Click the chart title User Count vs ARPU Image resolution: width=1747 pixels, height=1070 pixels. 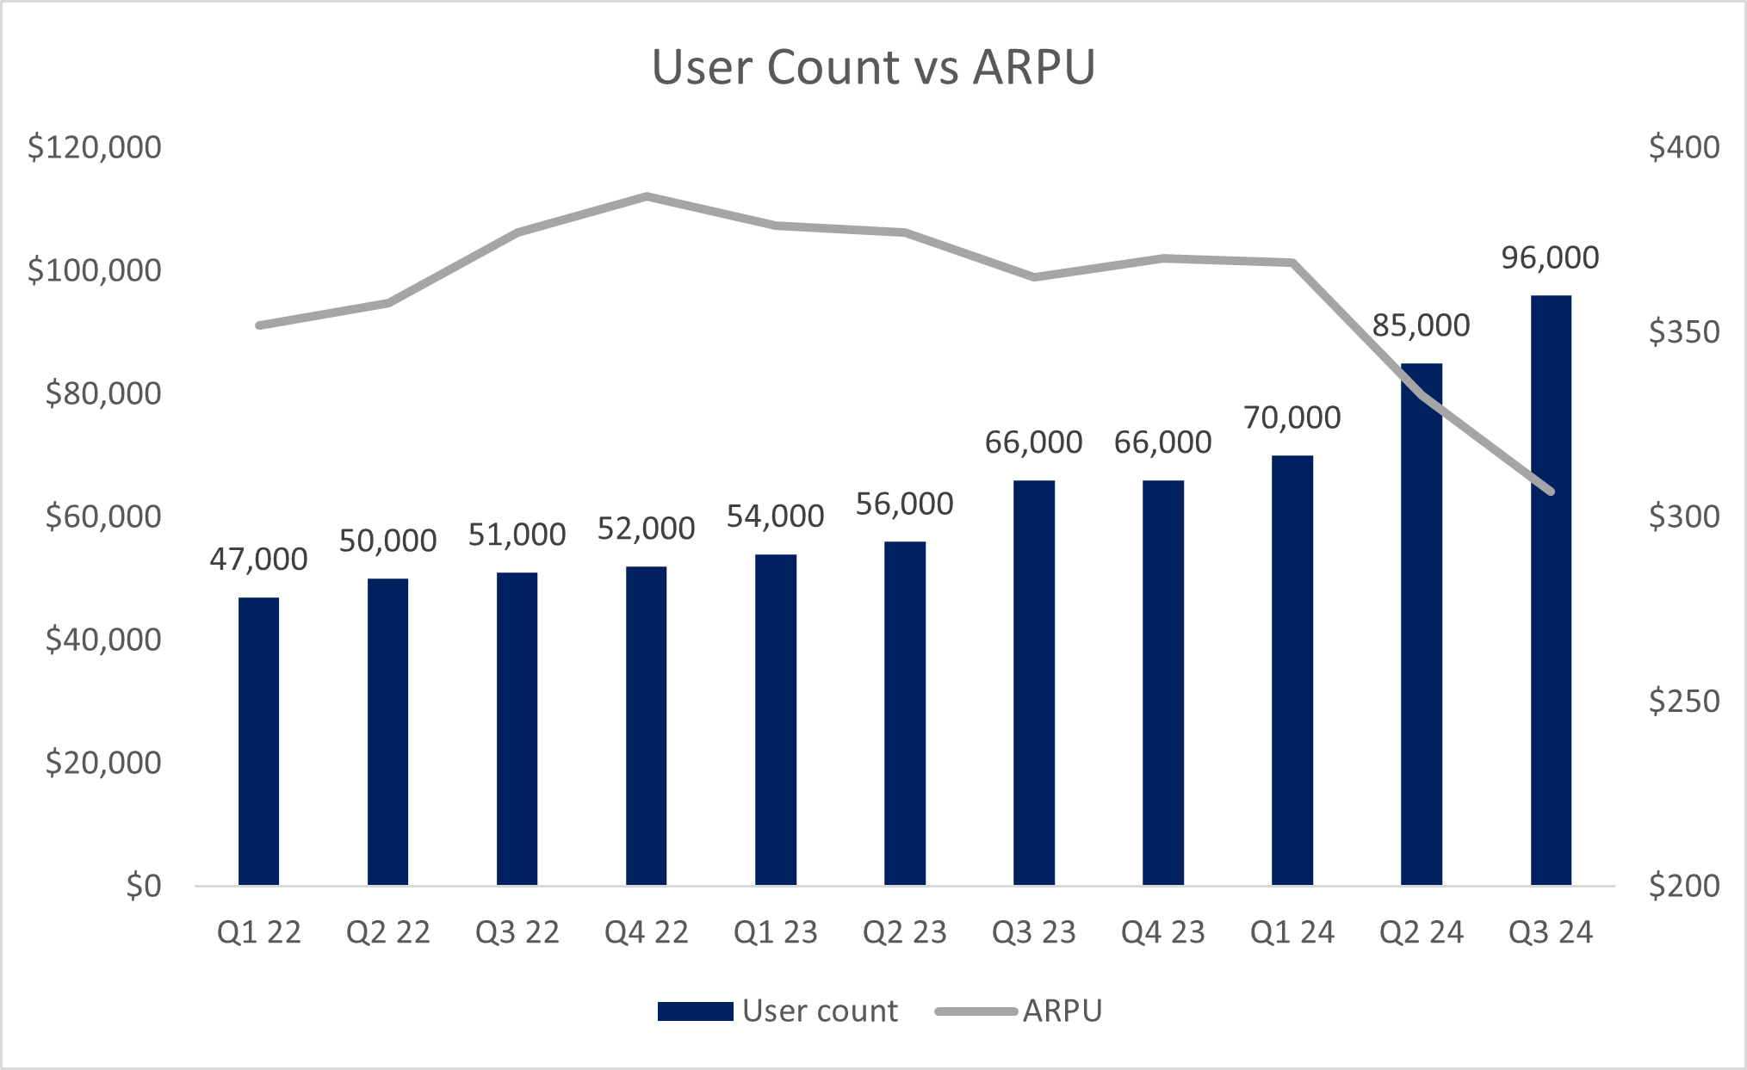(873, 67)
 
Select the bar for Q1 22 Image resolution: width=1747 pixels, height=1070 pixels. (258, 740)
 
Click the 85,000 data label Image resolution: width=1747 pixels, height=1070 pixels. (1421, 325)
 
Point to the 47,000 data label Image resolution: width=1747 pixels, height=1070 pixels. (258, 560)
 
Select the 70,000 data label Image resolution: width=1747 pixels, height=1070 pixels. (1292, 417)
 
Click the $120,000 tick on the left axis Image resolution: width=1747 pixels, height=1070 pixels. (95, 147)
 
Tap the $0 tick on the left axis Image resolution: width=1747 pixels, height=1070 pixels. (143, 886)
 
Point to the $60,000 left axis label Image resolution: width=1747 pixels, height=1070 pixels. (103, 516)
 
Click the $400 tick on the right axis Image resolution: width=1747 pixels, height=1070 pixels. (1683, 147)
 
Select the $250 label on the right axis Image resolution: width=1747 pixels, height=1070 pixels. (1683, 702)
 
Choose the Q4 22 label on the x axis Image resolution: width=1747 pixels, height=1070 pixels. (646, 932)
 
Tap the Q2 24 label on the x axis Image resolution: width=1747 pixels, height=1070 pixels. (1421, 932)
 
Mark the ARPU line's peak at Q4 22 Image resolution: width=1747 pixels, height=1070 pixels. (647, 196)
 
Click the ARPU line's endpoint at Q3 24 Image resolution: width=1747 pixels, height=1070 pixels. (1551, 492)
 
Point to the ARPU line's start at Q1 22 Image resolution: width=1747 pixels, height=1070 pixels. (258, 325)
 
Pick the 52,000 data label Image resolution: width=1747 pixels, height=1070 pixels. (646, 529)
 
